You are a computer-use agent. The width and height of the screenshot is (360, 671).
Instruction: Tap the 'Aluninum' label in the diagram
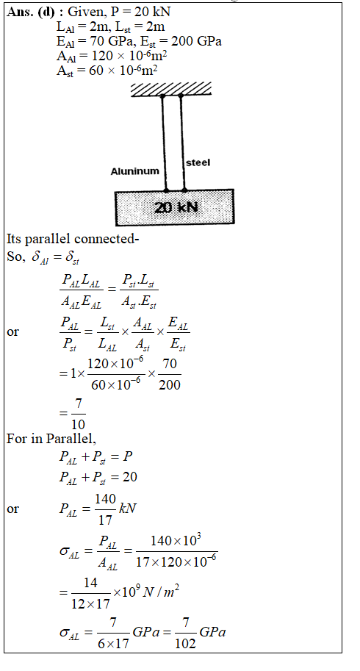click(134, 171)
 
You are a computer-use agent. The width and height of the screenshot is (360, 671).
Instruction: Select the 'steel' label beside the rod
click(198, 162)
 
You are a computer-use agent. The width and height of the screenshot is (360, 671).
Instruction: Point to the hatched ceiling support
click(171, 89)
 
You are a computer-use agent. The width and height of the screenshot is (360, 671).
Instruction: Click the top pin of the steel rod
click(181, 96)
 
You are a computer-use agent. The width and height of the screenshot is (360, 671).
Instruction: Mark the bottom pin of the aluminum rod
click(166, 190)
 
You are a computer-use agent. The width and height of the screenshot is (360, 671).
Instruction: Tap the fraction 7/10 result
click(78, 414)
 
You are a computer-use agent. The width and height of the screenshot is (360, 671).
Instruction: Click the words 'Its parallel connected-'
click(73, 239)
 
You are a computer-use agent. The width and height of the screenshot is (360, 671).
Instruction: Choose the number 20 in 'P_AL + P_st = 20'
click(130, 477)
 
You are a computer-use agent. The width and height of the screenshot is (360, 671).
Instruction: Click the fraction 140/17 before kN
click(105, 509)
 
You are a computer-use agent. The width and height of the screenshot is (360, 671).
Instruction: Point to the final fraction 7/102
click(185, 633)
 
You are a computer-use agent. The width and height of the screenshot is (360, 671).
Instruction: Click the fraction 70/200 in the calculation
click(170, 374)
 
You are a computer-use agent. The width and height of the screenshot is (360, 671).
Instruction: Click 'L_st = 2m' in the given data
click(140, 27)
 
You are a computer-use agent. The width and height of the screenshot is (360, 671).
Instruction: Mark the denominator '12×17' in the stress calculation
click(90, 604)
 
